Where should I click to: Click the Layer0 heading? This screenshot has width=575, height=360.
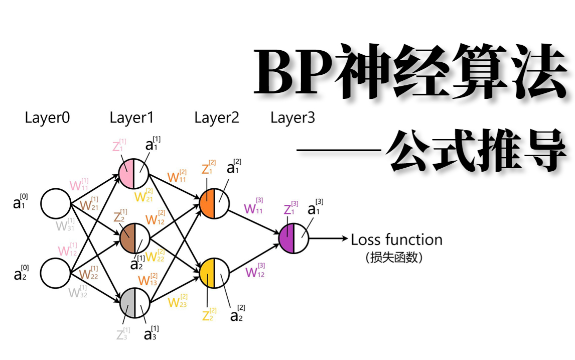[47, 118]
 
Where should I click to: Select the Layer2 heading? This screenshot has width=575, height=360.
[217, 118]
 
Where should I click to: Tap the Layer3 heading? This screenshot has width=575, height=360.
[293, 118]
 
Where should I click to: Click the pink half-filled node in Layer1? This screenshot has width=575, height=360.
[134, 173]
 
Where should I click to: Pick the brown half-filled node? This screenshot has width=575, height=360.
[134, 238]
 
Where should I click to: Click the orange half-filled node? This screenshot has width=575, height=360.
[214, 203]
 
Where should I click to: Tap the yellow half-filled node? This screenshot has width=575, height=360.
[214, 273]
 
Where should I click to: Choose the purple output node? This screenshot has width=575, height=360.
[294, 238]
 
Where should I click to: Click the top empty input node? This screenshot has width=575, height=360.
[55, 204]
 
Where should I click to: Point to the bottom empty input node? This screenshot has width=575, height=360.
[55, 273]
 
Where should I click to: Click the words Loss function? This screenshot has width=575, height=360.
[396, 240]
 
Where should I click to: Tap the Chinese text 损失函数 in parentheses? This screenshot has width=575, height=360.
[394, 258]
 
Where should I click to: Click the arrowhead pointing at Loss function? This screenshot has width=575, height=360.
[345, 238]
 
